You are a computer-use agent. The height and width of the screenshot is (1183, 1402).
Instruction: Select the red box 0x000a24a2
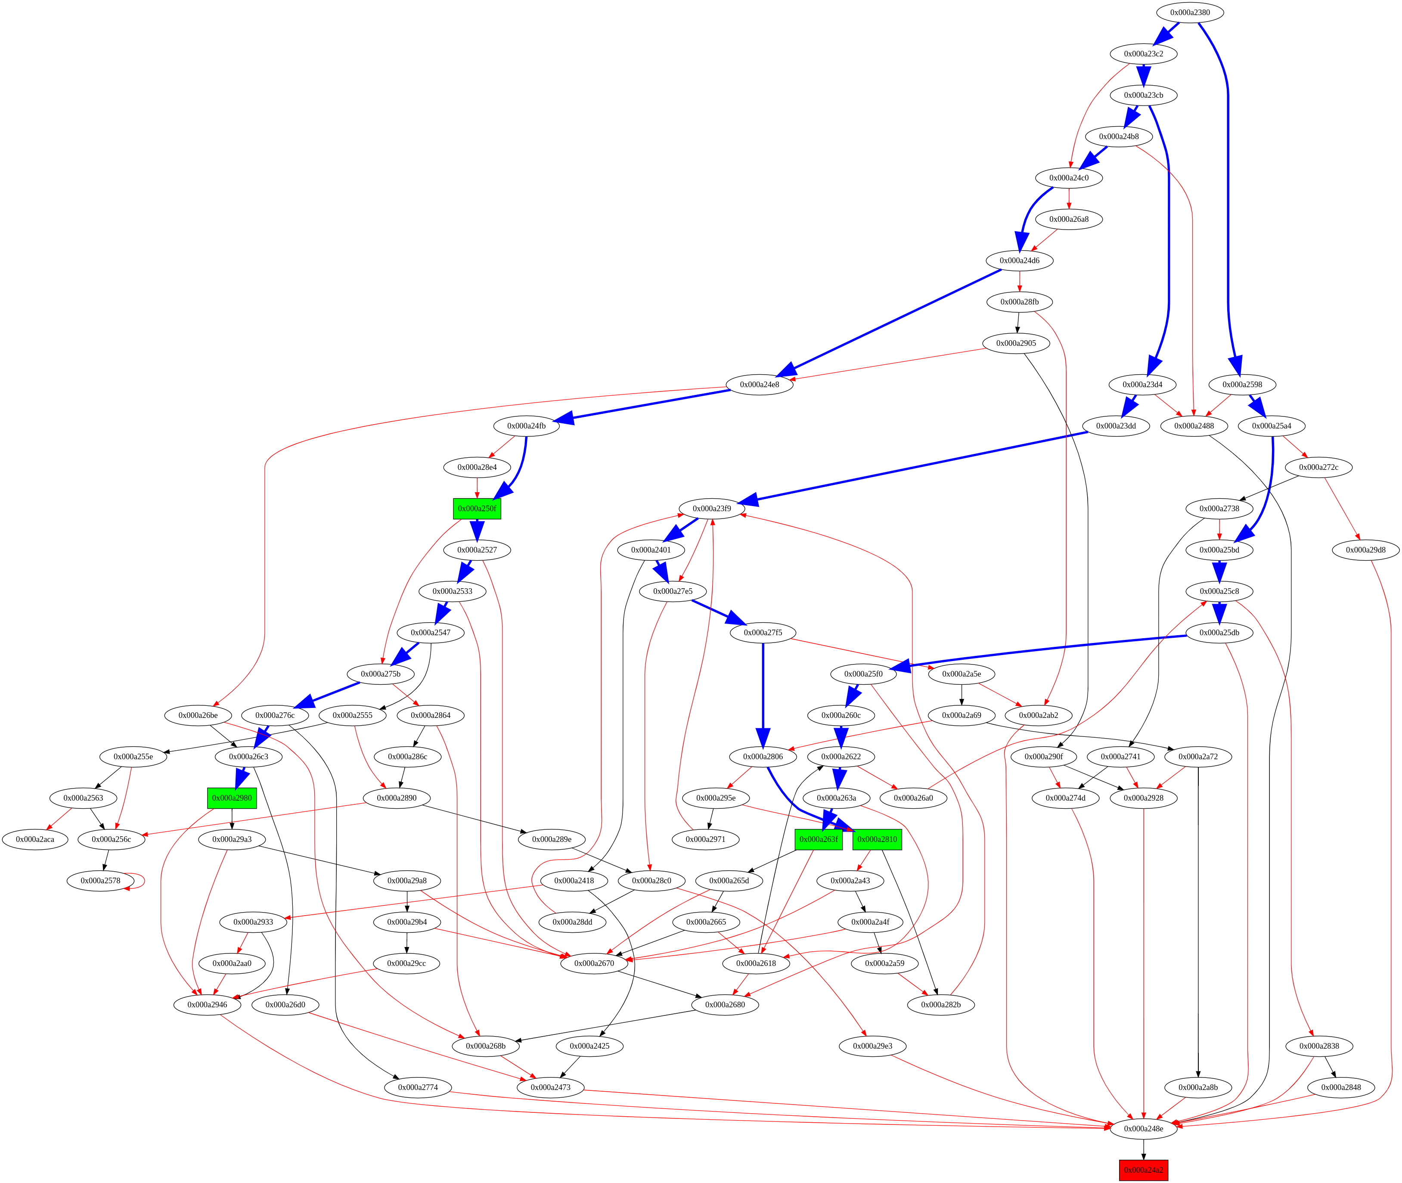tap(1143, 1170)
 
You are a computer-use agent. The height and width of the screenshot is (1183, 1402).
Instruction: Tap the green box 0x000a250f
tap(477, 508)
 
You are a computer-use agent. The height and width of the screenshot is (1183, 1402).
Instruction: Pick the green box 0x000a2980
tap(232, 798)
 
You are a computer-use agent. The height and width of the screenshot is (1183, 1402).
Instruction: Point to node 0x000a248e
tap(1143, 1129)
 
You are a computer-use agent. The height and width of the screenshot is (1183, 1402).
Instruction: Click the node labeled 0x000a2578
tap(101, 881)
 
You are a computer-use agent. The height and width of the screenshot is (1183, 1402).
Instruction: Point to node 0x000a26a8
tap(1069, 219)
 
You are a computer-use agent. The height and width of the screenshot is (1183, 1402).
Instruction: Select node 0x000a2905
tap(1016, 343)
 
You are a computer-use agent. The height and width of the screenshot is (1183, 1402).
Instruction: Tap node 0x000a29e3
tap(872, 1046)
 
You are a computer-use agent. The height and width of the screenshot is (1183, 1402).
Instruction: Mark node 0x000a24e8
tap(759, 384)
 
